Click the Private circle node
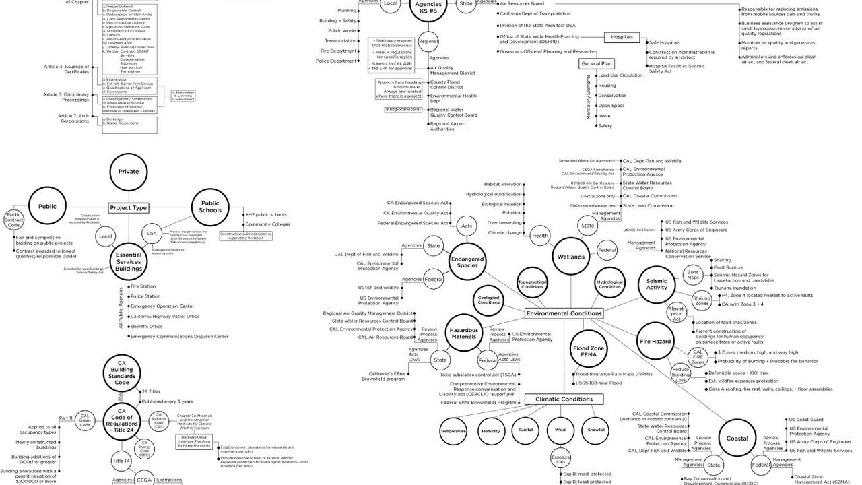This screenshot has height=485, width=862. pos(129,172)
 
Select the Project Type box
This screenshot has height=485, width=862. pos(129,208)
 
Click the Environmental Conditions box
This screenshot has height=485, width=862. pos(564,313)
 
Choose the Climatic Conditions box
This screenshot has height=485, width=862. pos(564,399)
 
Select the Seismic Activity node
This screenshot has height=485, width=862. pos(657,284)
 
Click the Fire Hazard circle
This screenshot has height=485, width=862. pos(655,342)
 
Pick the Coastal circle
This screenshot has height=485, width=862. pos(737,439)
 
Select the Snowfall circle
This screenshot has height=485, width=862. pos(596,430)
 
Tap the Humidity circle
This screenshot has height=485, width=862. pos(490,430)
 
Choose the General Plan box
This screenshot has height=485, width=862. pos(596,64)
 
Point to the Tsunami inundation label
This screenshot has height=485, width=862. pos(737,287)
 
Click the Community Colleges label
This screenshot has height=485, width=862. pos(267,224)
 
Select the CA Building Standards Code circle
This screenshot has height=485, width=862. pos(122,373)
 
